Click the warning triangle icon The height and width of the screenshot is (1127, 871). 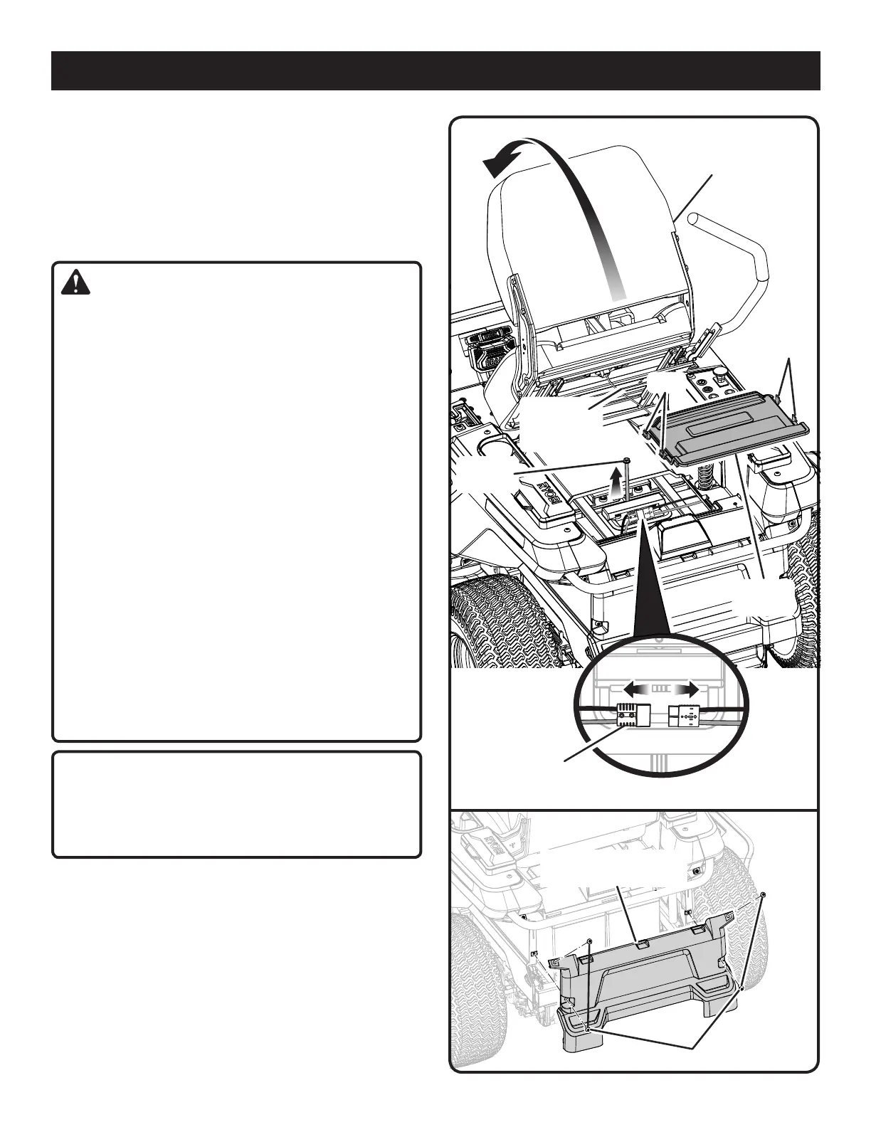[75, 283]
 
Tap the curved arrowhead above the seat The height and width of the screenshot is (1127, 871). [497, 164]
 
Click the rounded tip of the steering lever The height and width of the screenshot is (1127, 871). [696, 218]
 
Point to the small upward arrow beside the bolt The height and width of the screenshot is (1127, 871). [616, 484]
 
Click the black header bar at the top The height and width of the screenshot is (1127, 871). [435, 70]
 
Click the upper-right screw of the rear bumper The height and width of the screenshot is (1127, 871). [764, 894]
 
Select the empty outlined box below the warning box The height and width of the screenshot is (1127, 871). [236, 804]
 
